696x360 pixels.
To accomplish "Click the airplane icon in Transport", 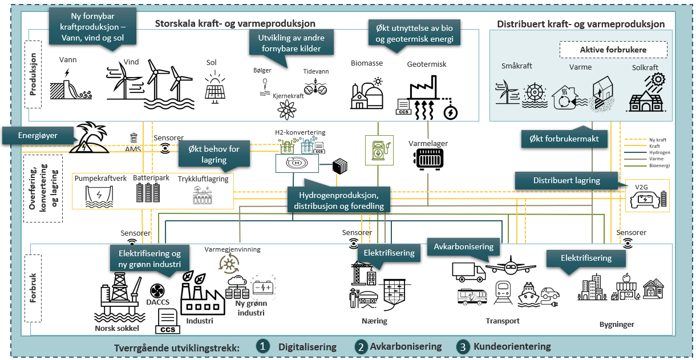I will click(x=510, y=266).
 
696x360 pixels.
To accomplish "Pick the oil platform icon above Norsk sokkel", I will click(x=119, y=297).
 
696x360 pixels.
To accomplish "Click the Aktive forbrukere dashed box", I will click(x=613, y=50).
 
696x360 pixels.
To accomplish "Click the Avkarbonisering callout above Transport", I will click(x=463, y=247).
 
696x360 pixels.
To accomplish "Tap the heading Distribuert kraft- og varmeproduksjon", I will click(x=581, y=24).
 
